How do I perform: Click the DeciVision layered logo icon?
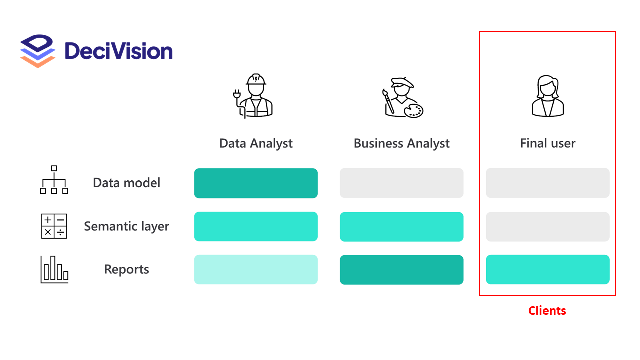37,51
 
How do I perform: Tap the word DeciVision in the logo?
118,51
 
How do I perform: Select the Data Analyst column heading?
256,144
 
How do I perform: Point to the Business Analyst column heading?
402,144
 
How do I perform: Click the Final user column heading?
548,144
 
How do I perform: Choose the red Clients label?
547,311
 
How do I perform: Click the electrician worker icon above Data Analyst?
253,96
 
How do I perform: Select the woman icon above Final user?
548,96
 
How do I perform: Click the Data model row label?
127,183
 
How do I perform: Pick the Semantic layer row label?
127,226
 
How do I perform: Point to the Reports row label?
127,270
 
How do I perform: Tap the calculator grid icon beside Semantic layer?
54,226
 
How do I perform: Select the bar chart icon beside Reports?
54,270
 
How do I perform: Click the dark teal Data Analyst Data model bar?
256,183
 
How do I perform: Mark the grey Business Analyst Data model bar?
402,183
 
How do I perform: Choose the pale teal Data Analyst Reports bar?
256,270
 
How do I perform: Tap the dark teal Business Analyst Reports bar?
402,270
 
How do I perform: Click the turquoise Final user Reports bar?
548,270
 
